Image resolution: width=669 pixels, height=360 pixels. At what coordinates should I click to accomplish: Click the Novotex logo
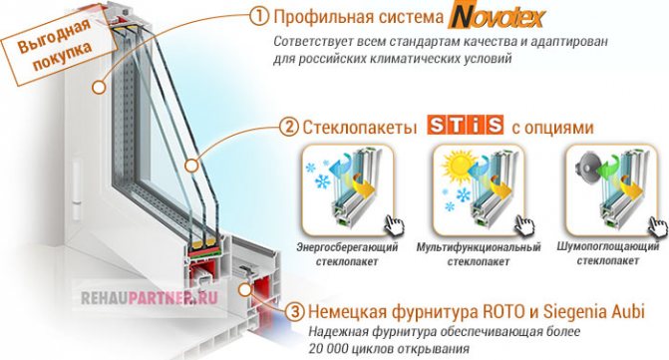(498, 17)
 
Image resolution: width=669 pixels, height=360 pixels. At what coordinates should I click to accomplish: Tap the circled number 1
(259, 17)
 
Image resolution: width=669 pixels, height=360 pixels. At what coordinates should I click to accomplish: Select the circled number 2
(288, 127)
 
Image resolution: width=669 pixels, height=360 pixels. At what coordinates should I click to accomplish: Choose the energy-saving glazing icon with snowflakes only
(348, 189)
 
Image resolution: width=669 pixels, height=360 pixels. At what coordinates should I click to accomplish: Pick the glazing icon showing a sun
(479, 189)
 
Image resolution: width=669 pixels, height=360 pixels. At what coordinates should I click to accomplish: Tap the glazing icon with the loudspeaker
(612, 189)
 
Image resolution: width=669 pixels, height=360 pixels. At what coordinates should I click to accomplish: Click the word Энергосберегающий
(347, 247)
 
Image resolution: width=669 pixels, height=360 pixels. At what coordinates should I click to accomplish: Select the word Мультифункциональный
(479, 247)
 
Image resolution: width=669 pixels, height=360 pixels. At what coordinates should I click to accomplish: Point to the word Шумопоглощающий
(608, 246)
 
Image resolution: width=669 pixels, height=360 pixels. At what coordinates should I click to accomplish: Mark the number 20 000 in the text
(329, 348)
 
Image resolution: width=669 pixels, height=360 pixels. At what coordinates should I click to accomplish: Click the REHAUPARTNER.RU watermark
(150, 298)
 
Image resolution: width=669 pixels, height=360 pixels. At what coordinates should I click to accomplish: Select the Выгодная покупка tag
(53, 47)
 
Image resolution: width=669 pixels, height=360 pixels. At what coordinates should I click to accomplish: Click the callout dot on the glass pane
(192, 166)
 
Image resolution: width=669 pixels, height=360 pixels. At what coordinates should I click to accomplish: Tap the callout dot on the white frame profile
(99, 88)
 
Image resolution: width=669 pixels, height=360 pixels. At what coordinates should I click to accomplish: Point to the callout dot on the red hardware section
(244, 290)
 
